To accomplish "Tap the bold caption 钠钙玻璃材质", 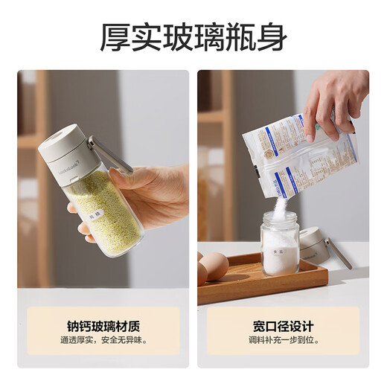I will click(103, 326).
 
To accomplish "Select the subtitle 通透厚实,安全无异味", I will click(103, 341).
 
